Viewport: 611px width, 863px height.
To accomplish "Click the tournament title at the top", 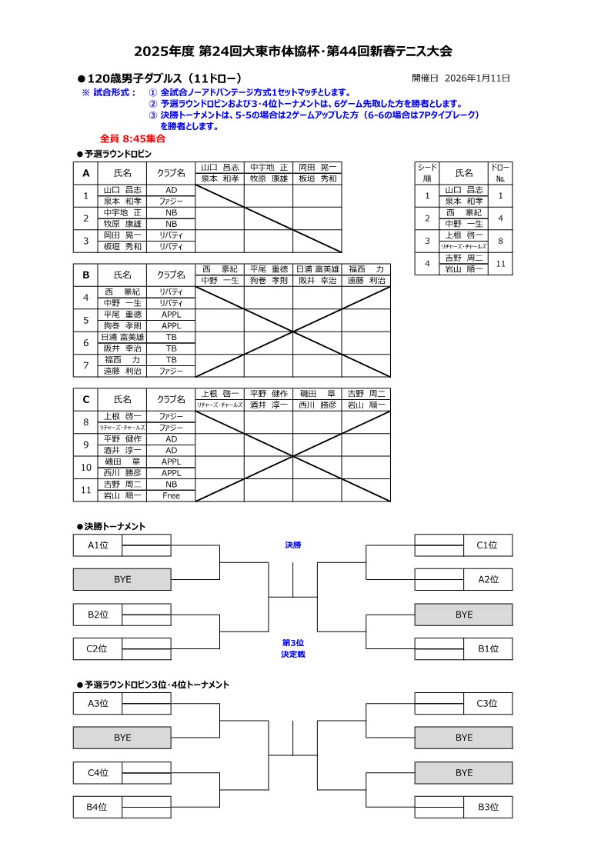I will coord(293,52).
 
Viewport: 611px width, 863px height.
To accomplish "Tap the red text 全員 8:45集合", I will coord(132,139).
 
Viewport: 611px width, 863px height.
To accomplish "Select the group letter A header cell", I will coord(86,173).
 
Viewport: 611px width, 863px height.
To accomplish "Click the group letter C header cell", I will coord(86,399).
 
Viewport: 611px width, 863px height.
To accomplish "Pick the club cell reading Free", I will coord(171,495).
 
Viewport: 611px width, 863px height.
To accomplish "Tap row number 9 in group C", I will coord(86,445).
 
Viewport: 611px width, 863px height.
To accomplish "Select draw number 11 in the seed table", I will coord(500,264).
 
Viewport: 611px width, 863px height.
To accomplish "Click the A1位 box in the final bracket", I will coord(98,545).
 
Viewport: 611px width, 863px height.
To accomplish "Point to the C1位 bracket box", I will coord(488,545).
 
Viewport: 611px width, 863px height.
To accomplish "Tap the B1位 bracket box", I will coord(488,648).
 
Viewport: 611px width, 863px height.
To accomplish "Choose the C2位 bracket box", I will coord(98,648).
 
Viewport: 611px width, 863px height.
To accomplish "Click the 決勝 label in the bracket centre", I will coord(293,545).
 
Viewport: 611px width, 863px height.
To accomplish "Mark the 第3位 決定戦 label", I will coord(293,648).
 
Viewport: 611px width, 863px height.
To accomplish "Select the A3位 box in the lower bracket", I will coord(98,703).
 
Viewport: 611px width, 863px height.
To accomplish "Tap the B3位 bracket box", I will coord(488,807).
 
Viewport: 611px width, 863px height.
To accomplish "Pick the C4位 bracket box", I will coord(98,772).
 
